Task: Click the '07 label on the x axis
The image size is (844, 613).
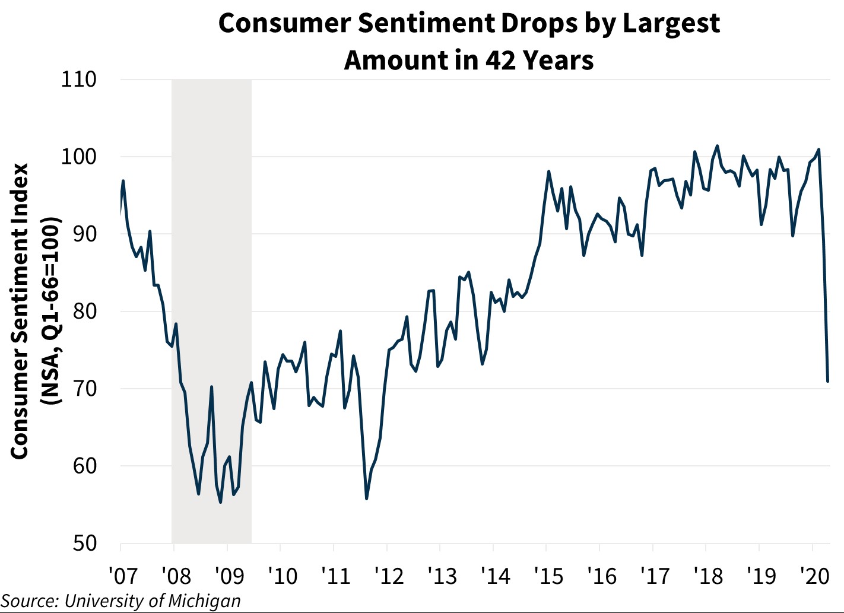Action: [123, 575]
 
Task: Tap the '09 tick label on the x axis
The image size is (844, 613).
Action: [229, 575]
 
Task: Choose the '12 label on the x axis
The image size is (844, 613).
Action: [389, 575]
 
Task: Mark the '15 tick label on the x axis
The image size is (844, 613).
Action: [548, 575]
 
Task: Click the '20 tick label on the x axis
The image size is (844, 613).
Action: [814, 575]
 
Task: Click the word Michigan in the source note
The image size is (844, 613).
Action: [204, 601]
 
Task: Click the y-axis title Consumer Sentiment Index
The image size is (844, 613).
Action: [20, 311]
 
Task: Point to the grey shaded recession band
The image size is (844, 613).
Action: [211, 237]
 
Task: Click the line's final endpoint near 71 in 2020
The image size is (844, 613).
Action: [828, 381]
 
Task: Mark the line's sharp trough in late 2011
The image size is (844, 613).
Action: [367, 498]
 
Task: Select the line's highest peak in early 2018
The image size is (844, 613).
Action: [718, 145]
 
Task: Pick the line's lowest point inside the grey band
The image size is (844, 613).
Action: [220, 503]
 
